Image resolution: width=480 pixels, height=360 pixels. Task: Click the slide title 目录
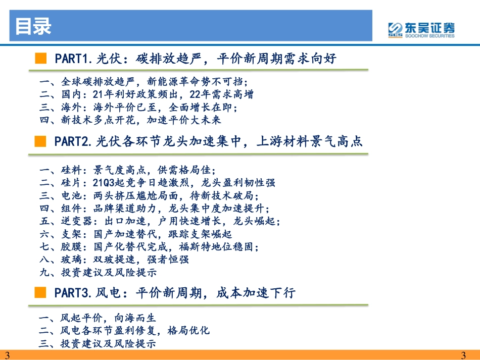click(x=33, y=26)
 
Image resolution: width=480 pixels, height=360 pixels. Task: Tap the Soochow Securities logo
click(x=421, y=30)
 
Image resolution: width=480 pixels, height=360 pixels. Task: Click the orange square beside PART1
click(x=41, y=58)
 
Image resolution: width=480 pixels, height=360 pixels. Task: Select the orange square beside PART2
click(x=40, y=141)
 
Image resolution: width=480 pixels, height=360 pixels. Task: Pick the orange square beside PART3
click(x=40, y=292)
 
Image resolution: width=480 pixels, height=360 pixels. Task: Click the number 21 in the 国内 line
click(x=98, y=94)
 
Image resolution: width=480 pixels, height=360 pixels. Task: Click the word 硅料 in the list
click(x=71, y=170)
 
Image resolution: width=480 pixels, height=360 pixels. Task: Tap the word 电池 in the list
click(x=71, y=195)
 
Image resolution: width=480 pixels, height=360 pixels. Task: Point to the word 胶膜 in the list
click(x=71, y=246)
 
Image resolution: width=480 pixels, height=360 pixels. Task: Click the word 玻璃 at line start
click(x=71, y=260)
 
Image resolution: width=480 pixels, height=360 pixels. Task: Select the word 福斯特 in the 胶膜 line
click(x=195, y=246)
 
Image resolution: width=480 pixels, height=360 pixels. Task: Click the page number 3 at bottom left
click(x=8, y=355)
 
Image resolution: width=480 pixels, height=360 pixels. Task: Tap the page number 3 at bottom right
click(x=463, y=355)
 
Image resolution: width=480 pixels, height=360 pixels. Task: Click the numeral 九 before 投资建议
click(x=44, y=272)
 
